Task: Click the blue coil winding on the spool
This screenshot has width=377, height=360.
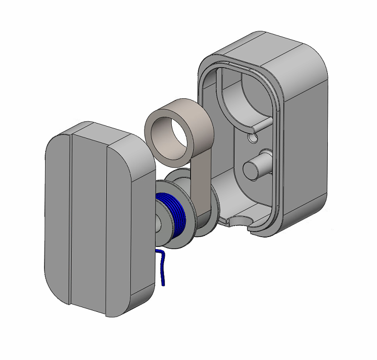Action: [176, 220]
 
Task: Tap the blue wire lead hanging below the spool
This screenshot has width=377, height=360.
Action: [163, 269]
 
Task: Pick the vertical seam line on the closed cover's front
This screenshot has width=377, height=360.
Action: [71, 220]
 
